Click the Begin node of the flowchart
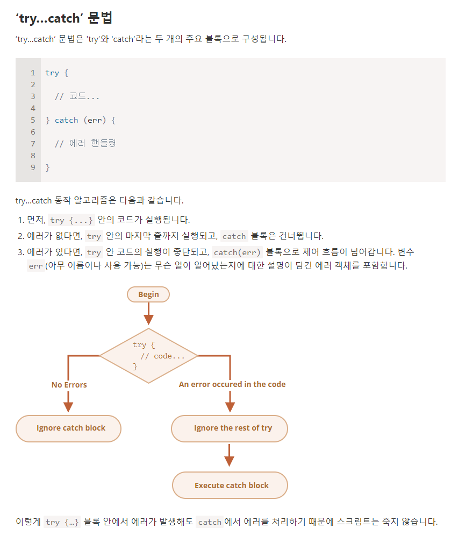tap(148, 294)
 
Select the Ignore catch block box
tap(68, 428)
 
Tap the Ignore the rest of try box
tap(230, 428)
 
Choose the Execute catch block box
tap(230, 485)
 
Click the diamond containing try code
tap(148, 356)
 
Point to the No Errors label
tap(69, 385)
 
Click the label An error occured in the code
tap(232, 384)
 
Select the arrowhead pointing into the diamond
tap(148, 320)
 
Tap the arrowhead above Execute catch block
tap(230, 461)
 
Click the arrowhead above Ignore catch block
tap(68, 407)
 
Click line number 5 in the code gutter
tap(33, 120)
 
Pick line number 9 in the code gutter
tap(33, 167)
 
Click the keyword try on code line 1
tap(52, 73)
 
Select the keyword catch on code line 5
tap(67, 120)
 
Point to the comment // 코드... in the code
tap(77, 96)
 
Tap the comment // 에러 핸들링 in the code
tap(85, 144)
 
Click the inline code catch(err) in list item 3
tap(237, 252)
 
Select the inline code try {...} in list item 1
tap(71, 220)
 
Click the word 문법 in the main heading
tap(100, 18)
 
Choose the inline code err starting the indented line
tap(36, 266)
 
